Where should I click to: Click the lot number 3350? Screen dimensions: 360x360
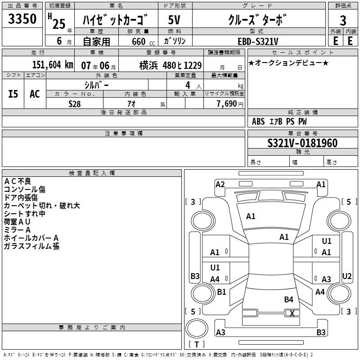[23, 20]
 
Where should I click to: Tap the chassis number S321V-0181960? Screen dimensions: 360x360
[302, 143]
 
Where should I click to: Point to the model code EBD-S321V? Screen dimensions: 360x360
[258, 41]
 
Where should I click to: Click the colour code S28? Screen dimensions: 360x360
[74, 103]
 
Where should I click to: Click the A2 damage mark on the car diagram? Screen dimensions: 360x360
[220, 184]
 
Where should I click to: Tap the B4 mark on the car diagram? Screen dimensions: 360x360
[288, 299]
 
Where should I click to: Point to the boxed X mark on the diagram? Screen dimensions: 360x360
[292, 313]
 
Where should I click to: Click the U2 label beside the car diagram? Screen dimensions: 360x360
[347, 276]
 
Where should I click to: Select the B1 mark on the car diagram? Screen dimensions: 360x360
[221, 292]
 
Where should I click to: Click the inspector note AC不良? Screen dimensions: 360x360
[18, 181]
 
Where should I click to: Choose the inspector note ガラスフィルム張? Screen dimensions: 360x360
[31, 246]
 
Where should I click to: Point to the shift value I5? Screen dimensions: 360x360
[13, 94]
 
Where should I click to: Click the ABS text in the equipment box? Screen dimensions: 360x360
[258, 121]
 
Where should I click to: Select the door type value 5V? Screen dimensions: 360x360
[175, 20]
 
